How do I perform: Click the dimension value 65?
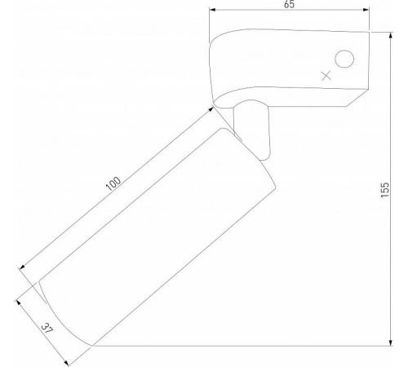[289, 5]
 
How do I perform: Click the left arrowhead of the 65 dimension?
[213, 11]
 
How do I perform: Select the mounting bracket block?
[286, 69]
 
